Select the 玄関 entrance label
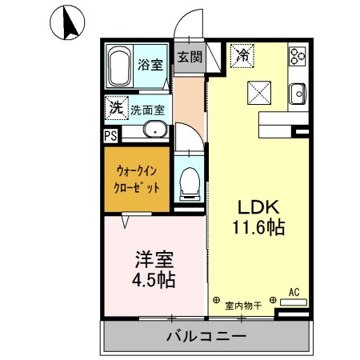190,57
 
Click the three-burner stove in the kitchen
298,55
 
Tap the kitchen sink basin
299,92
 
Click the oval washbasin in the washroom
155,131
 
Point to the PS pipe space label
110,135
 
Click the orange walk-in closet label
136,178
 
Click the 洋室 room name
150,259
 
